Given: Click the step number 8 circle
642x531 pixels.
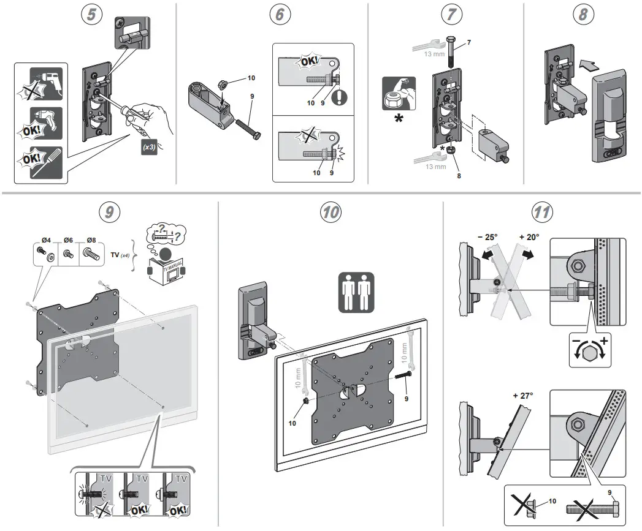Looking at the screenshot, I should point(582,15).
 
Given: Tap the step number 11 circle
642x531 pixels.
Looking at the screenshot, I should point(541,213).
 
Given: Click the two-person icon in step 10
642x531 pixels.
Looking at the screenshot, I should point(356,293).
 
